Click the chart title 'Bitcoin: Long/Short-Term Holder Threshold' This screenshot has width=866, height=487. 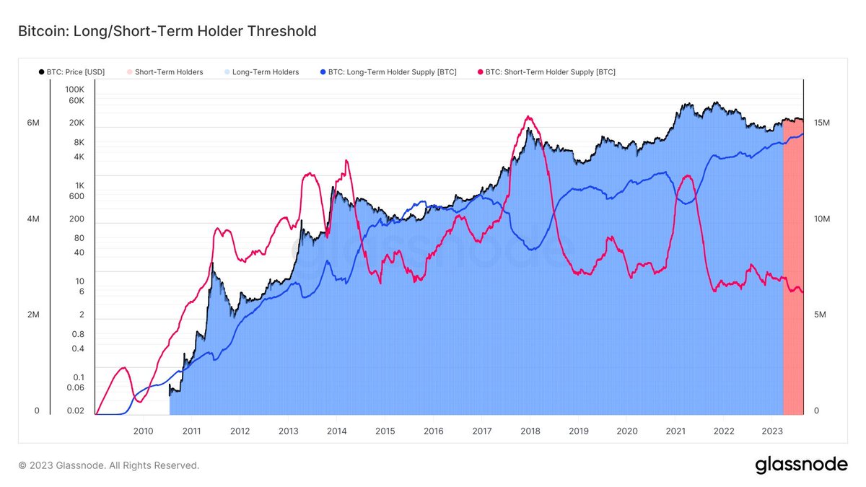point(162,31)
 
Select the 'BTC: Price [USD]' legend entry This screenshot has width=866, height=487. point(73,72)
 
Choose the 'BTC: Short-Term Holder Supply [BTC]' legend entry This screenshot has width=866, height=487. point(550,72)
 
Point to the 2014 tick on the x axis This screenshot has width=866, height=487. point(336,431)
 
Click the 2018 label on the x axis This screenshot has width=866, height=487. point(530,431)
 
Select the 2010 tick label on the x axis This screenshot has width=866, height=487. point(143,431)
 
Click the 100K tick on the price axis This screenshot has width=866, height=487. point(74,89)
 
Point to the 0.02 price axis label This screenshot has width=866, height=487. point(74,411)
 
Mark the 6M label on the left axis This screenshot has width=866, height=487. point(33,123)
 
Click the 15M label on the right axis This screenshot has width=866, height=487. point(821,123)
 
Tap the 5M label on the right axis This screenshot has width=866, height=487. point(821,315)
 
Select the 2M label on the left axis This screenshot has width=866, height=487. point(33,315)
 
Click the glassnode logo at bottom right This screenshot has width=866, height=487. point(801,465)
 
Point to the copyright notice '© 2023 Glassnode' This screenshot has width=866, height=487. point(108,466)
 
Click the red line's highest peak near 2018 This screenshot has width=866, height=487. point(529,117)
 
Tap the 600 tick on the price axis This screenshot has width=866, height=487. point(76,196)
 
